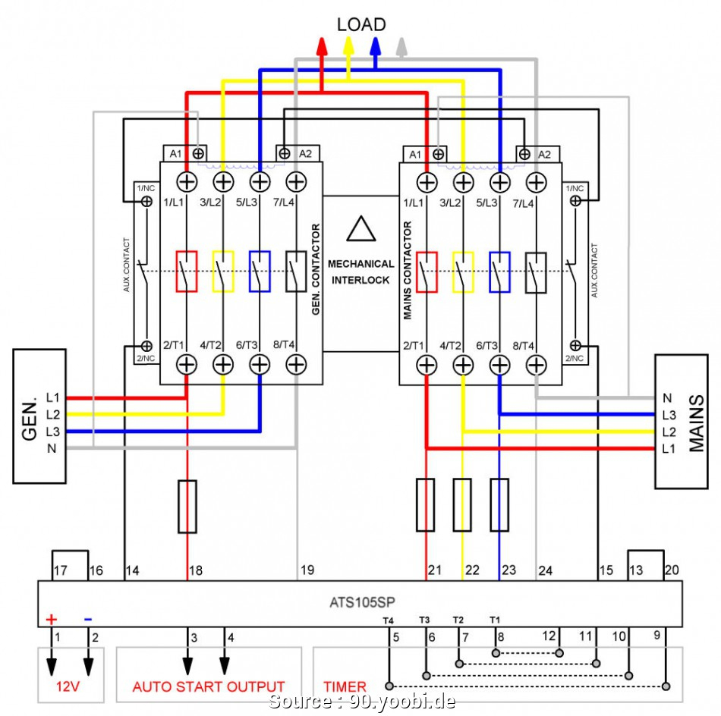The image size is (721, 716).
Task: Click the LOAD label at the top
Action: click(x=361, y=24)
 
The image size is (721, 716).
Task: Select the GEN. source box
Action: click(x=40, y=416)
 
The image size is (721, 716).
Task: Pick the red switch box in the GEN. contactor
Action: click(x=187, y=271)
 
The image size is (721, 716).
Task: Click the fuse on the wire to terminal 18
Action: click(x=187, y=506)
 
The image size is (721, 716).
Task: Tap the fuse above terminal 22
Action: click(x=462, y=504)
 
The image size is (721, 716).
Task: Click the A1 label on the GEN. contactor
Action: click(x=176, y=154)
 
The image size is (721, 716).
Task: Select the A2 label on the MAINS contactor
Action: click(x=544, y=154)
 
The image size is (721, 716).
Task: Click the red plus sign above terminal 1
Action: click(x=52, y=619)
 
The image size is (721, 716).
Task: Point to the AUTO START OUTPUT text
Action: click(x=209, y=686)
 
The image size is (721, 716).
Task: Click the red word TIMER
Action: click(x=345, y=686)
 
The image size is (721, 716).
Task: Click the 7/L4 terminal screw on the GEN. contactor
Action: click(x=296, y=182)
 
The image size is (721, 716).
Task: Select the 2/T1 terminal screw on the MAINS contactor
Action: click(x=427, y=365)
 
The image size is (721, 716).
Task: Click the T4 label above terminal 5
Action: click(x=388, y=620)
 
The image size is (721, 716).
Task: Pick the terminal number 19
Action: click(x=307, y=570)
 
